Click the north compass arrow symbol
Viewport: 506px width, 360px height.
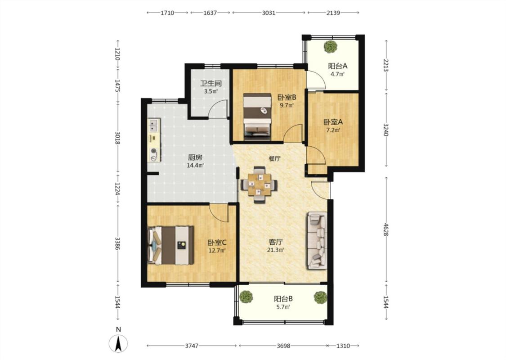[119, 343]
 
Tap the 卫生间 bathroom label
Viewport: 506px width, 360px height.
[211, 83]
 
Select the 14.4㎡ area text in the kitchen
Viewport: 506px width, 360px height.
[195, 166]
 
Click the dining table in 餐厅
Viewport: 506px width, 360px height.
[259, 184]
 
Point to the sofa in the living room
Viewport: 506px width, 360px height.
[317, 241]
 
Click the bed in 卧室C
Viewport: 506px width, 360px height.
[170, 245]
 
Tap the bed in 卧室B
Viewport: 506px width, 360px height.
[257, 117]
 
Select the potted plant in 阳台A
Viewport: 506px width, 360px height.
[331, 46]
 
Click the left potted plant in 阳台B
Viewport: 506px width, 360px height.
[246, 297]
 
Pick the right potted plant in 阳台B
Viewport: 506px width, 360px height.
[320, 297]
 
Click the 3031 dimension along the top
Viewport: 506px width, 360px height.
[269, 13]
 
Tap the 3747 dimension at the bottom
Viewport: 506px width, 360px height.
[192, 346]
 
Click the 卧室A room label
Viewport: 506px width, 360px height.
[333, 122]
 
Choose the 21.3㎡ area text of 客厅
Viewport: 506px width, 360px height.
[276, 250]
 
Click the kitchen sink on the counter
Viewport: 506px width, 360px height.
[154, 125]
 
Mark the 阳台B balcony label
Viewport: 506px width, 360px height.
[283, 299]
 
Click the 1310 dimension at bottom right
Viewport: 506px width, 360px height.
[343, 346]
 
